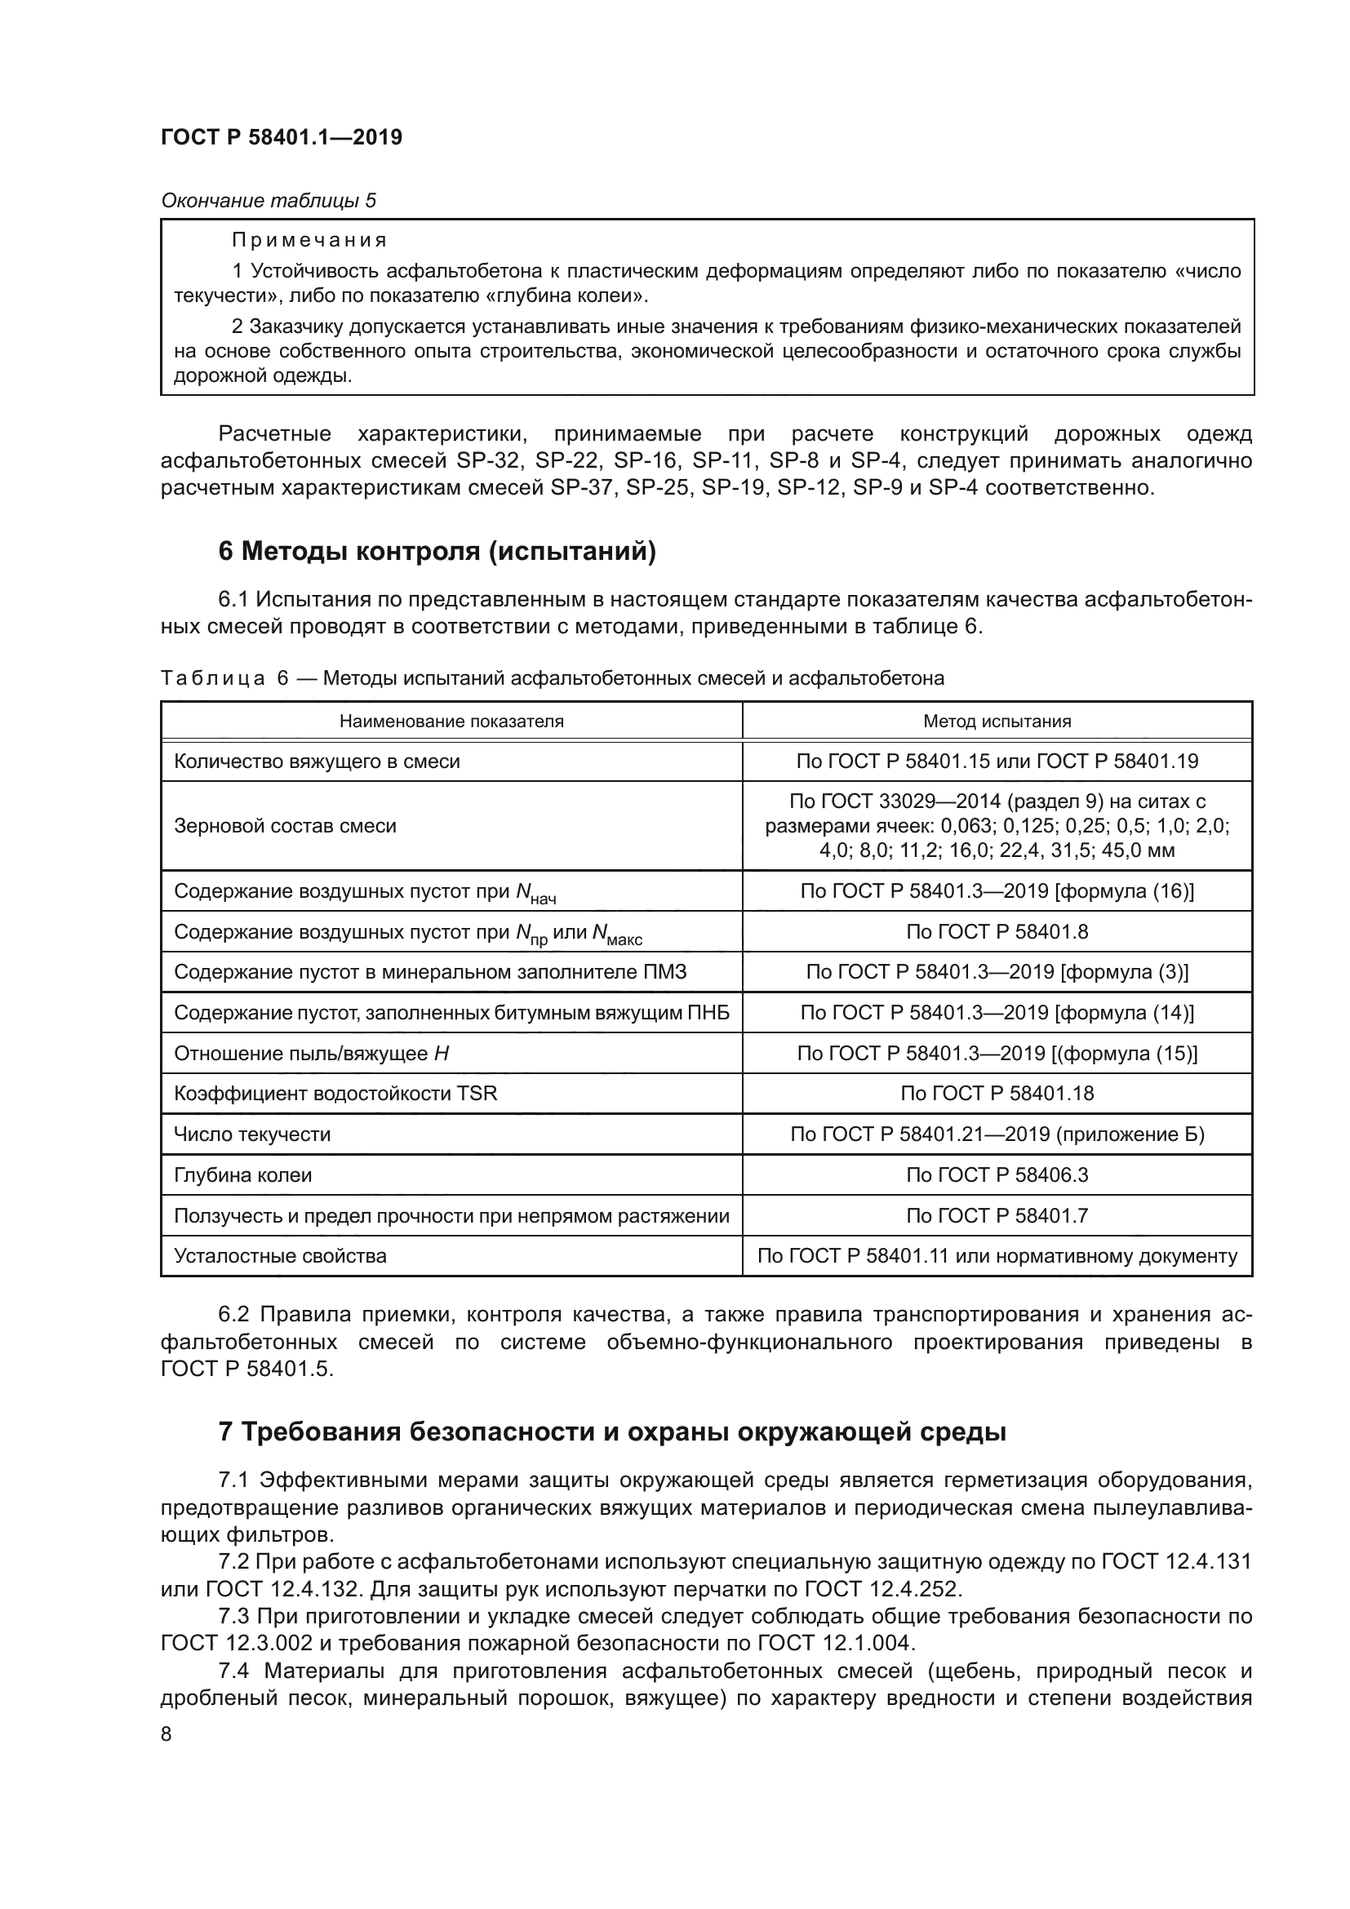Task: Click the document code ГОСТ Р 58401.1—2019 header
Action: pos(281,137)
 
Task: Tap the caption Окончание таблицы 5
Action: pos(268,201)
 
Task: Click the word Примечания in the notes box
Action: pos(309,241)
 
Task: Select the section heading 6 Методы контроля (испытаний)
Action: pos(437,551)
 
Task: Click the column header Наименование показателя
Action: pos(451,721)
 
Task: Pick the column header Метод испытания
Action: pos(997,721)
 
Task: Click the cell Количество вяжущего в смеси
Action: pos(317,761)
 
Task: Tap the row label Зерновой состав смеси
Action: pos(285,827)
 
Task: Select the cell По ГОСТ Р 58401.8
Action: pos(997,932)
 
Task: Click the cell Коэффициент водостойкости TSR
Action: pos(335,1094)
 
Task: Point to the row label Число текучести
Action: pos(252,1135)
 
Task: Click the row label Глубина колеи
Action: pos(242,1175)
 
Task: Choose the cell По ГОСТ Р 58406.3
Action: pos(997,1175)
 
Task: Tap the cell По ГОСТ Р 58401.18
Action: pos(997,1094)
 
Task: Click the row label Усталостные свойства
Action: pos(280,1256)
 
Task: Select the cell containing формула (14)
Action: pos(997,1013)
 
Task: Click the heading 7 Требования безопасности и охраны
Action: pos(612,1432)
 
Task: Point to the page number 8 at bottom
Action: pos(167,1734)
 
